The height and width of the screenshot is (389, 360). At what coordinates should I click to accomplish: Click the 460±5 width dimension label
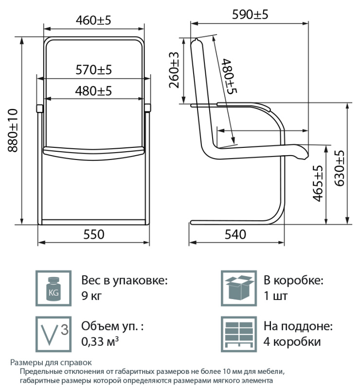93,20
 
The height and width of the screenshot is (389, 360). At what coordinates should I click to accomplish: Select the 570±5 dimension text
93,70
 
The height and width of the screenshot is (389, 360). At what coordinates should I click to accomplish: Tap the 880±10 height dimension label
13,130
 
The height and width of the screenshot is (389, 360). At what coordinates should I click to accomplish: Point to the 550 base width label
93,234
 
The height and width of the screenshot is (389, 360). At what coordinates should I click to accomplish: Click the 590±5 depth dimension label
250,15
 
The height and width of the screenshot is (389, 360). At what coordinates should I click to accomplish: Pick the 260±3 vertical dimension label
174,70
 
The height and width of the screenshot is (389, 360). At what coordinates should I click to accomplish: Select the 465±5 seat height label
318,184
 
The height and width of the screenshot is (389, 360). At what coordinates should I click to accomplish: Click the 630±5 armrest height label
340,168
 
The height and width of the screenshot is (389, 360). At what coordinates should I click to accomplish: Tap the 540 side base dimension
235,234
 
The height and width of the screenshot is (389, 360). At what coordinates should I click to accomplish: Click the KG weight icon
54,288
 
